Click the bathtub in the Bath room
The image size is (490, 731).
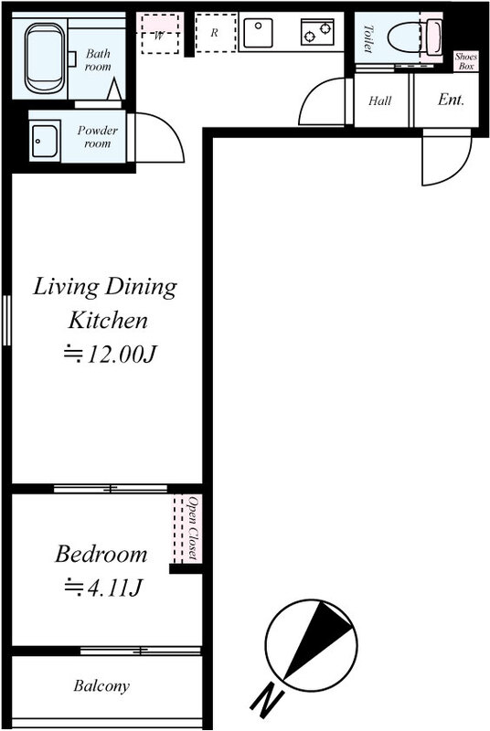pyautogui.click(x=45, y=58)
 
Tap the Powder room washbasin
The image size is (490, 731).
pyautogui.click(x=45, y=141)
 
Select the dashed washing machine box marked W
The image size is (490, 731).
pyautogui.click(x=160, y=34)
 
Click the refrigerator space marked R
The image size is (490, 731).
pyautogui.click(x=216, y=32)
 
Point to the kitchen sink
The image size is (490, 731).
pyautogui.click(x=258, y=32)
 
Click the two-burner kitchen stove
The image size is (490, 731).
pyautogui.click(x=317, y=32)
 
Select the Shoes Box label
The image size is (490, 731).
pyautogui.click(x=466, y=61)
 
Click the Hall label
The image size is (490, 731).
pyautogui.click(x=380, y=101)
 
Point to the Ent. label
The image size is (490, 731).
pyautogui.click(x=451, y=100)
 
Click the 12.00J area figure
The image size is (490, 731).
pyautogui.click(x=111, y=355)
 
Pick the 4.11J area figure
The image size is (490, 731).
pyautogui.click(x=103, y=588)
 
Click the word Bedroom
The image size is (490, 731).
pyautogui.click(x=101, y=555)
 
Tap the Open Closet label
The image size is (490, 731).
pyautogui.click(x=193, y=528)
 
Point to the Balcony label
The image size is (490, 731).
pyautogui.click(x=101, y=686)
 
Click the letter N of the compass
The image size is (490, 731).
pyautogui.click(x=267, y=700)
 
